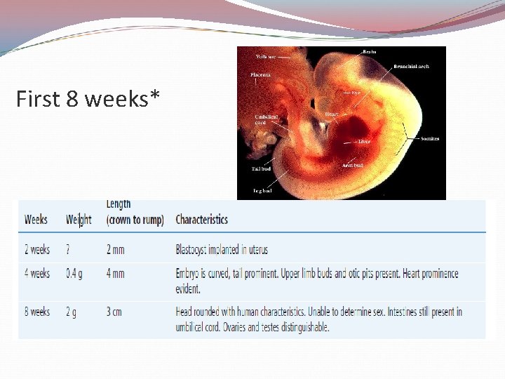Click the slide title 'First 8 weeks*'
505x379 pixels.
(x=88, y=100)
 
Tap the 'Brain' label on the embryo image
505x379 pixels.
(x=368, y=52)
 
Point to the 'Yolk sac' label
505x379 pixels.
(x=266, y=56)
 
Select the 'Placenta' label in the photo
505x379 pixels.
(x=260, y=74)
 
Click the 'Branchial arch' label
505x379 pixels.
(x=411, y=67)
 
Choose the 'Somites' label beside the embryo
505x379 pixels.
(x=430, y=139)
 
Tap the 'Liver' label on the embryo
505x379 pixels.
(x=364, y=141)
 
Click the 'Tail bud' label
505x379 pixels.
(x=261, y=169)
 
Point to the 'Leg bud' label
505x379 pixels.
(x=262, y=190)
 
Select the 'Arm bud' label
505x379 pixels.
(x=352, y=166)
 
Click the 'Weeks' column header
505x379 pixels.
(x=36, y=220)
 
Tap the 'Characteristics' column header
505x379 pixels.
(x=201, y=220)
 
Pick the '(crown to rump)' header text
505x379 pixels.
(x=135, y=220)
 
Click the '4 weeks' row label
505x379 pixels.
(x=37, y=274)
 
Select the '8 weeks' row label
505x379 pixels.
(x=37, y=312)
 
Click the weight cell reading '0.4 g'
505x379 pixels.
(x=74, y=274)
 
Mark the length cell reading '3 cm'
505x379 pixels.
(x=114, y=312)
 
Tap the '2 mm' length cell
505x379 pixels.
(x=116, y=250)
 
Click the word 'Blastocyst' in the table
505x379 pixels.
(x=195, y=250)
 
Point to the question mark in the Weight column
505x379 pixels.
(x=68, y=250)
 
